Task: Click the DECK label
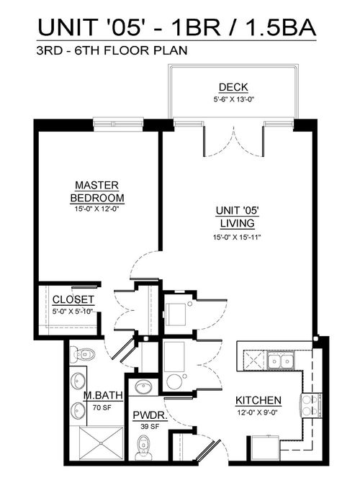click(x=233, y=87)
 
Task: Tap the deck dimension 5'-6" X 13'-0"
click(x=234, y=99)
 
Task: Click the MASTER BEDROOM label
click(x=97, y=191)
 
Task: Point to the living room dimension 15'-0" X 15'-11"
click(x=237, y=237)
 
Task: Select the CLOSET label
click(x=73, y=299)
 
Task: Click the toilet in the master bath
click(x=82, y=354)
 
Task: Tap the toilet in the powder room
click(x=143, y=448)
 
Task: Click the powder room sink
click(x=143, y=387)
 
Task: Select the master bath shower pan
click(x=101, y=443)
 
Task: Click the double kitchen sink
click(x=280, y=361)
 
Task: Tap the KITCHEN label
click(x=258, y=401)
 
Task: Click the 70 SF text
click(x=102, y=407)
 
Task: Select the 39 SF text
click(x=150, y=427)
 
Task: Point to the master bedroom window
click(x=118, y=122)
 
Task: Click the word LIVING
click(x=238, y=223)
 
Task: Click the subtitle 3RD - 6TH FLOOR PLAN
click(x=112, y=50)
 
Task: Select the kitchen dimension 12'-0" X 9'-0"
click(x=258, y=413)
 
